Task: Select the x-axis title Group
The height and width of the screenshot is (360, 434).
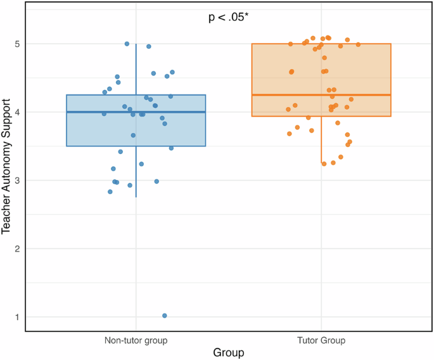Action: point(229,352)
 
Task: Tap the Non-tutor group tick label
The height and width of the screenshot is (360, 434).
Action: point(136,340)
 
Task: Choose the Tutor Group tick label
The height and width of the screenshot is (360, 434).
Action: point(321,340)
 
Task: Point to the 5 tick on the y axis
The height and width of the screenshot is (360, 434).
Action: point(16,44)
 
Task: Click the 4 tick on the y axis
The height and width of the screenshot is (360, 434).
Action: point(16,112)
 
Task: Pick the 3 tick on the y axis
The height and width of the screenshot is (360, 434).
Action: point(16,181)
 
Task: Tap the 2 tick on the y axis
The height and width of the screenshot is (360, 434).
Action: point(16,248)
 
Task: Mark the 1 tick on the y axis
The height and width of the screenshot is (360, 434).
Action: point(16,317)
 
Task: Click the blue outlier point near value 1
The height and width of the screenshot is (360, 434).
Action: point(165,316)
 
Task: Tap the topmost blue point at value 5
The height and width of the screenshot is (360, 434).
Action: point(127,44)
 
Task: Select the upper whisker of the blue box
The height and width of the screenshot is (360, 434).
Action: point(136,70)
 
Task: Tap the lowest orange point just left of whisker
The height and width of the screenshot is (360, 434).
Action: point(324,164)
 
